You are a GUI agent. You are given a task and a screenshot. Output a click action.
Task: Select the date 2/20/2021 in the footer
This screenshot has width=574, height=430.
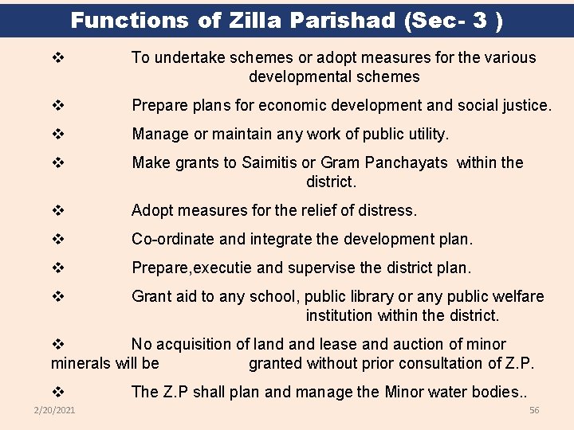coord(55,410)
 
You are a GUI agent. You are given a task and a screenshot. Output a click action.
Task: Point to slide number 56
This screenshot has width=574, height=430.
coord(534,410)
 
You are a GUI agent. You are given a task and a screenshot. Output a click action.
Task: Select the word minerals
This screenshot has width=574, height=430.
coord(81,363)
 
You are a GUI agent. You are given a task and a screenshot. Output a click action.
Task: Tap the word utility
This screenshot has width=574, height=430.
coord(427,134)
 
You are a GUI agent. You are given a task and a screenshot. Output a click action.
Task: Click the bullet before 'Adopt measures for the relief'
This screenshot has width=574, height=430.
coord(57,211)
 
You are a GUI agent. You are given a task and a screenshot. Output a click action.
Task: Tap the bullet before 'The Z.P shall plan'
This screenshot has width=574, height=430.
coord(57,393)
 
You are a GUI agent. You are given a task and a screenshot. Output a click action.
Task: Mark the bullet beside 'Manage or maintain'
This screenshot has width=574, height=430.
coord(57,135)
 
